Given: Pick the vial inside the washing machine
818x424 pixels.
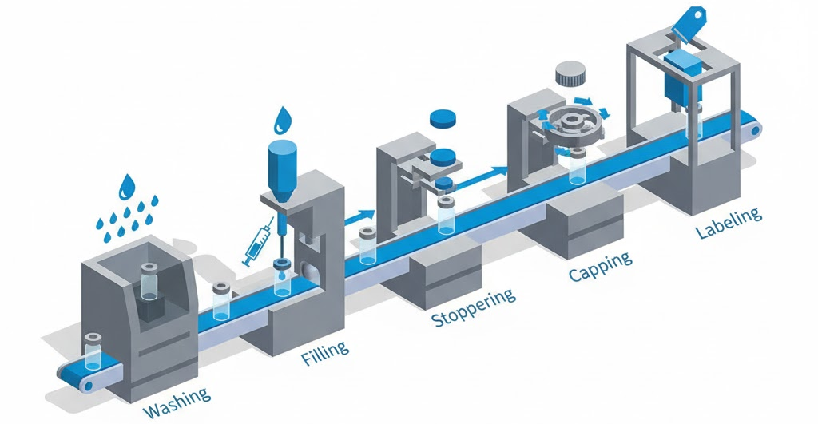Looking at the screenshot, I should [x=149, y=282].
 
